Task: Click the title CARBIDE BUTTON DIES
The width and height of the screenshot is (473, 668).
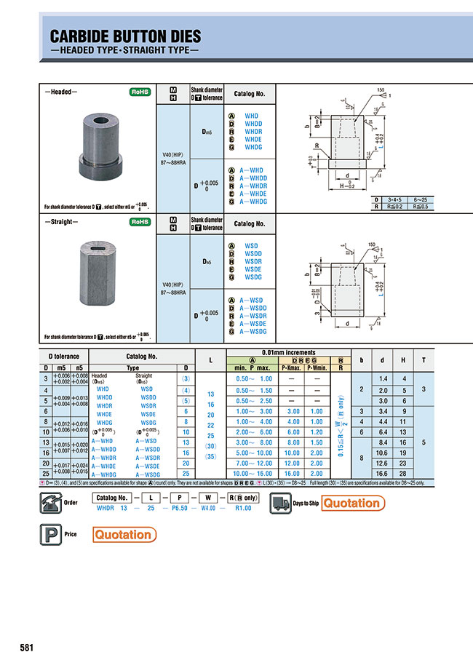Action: [124, 38]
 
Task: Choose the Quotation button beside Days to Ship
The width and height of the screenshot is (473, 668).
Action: [351, 503]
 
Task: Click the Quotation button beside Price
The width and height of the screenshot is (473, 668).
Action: [124, 535]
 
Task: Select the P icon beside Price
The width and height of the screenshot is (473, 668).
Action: [48, 535]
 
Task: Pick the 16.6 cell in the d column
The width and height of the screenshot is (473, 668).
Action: [382, 473]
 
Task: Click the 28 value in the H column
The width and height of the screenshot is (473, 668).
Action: [402, 473]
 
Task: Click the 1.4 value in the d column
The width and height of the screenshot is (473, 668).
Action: [382, 379]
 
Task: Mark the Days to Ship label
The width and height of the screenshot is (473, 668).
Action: [306, 503]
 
